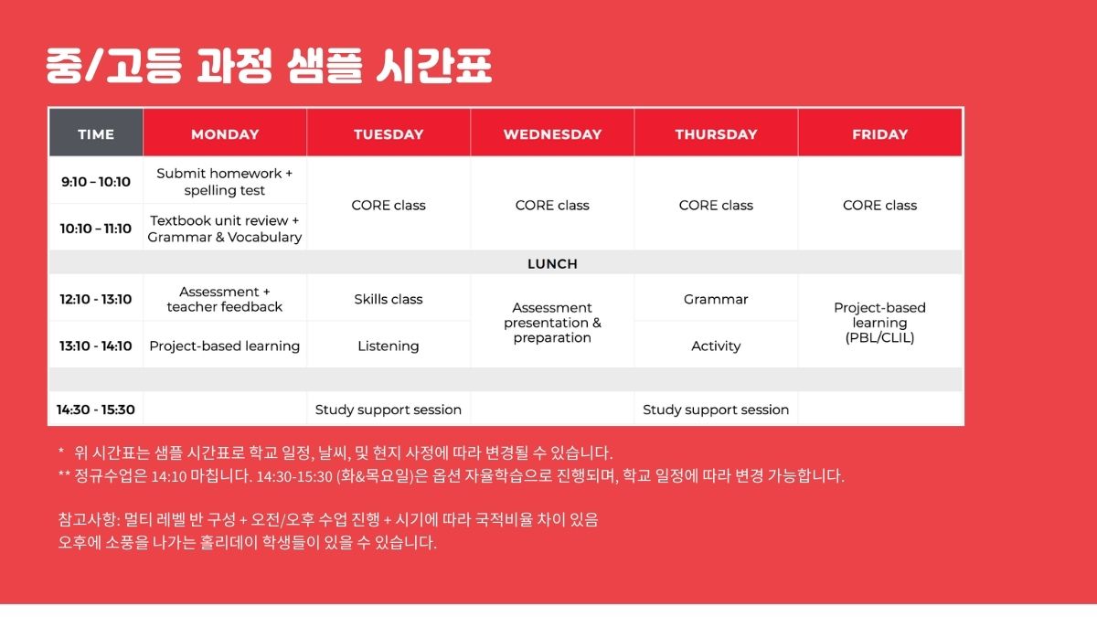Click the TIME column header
coord(96,133)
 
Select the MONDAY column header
coord(225,133)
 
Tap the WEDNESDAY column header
coord(552,133)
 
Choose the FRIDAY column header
coord(879,133)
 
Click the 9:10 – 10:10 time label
coord(96,182)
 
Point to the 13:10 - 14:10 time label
coord(96,346)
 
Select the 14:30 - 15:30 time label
coord(96,410)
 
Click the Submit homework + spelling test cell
coord(225,182)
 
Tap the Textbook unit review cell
coord(225,229)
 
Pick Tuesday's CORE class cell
coord(389,206)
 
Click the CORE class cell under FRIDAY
coord(879,206)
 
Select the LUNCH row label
coord(552,264)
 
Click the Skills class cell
coord(389,299)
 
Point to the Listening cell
coord(389,346)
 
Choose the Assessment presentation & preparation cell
coord(552,323)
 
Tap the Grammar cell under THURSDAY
coord(716,299)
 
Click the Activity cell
coord(716,346)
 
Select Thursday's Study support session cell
coord(716,410)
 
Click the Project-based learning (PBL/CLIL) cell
coord(879,323)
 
